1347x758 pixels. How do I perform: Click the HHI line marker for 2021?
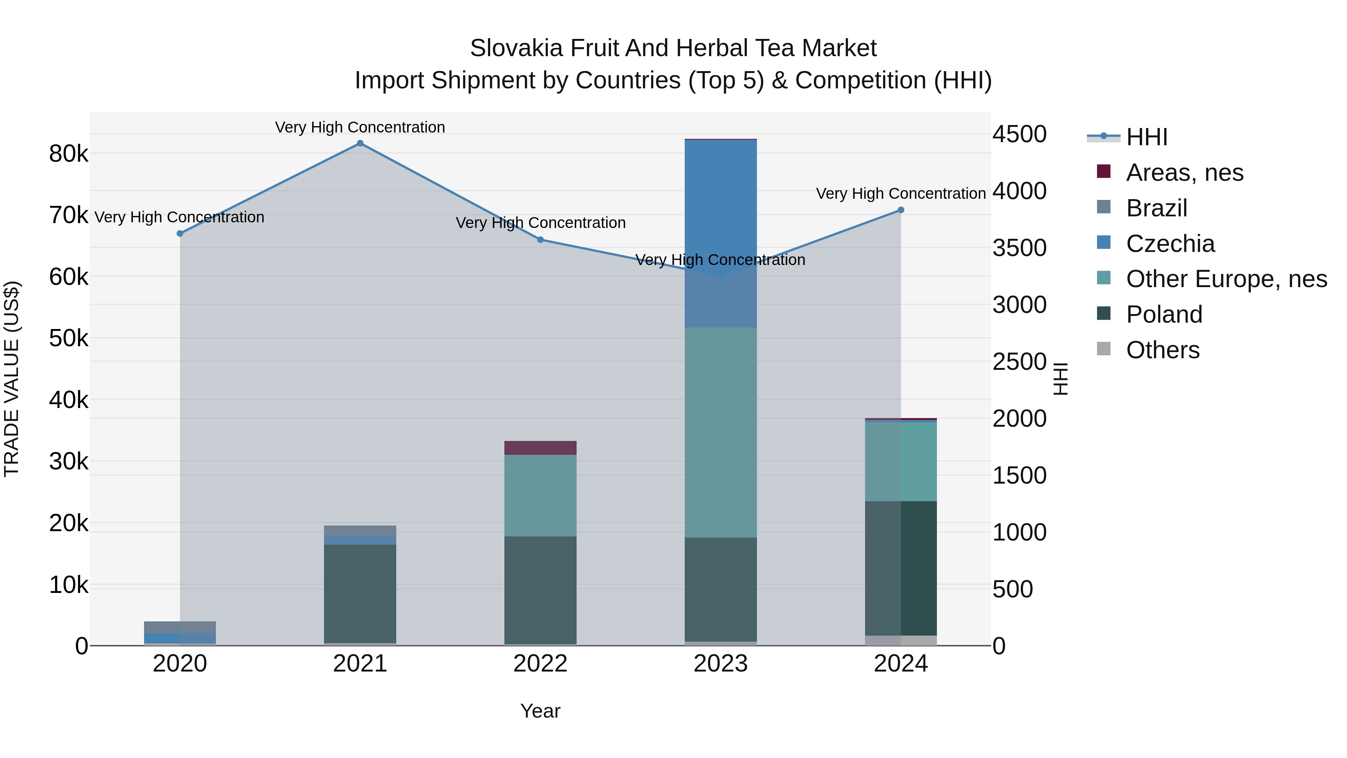(360, 143)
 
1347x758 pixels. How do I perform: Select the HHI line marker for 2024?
(901, 210)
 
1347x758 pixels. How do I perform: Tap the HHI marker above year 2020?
(180, 233)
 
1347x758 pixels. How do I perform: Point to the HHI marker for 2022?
(540, 240)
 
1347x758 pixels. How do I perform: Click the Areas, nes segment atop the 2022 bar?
(540, 448)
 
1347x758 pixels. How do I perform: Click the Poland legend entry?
(1164, 314)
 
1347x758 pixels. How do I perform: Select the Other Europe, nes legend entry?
(1226, 279)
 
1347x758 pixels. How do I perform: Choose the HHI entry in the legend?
(1146, 137)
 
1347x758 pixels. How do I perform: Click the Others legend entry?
(1163, 350)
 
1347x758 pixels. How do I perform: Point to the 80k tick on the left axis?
(68, 154)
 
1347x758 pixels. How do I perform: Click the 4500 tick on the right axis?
(1019, 134)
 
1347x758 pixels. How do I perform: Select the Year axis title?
(540, 711)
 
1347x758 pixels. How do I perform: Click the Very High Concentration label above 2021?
(360, 127)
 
